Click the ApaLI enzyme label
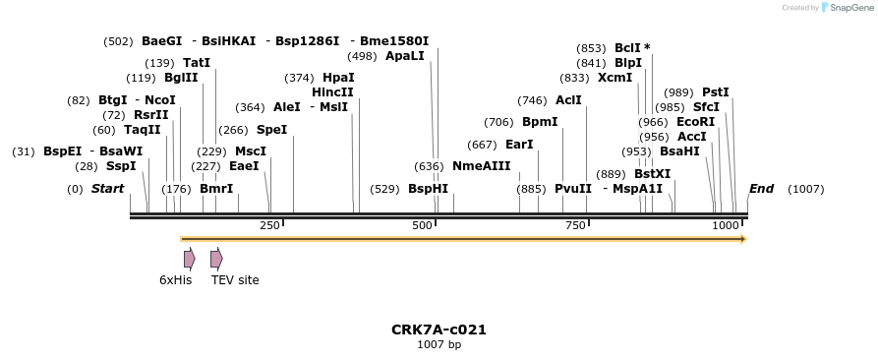click(x=405, y=56)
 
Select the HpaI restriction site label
click(x=338, y=78)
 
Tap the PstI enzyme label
click(x=715, y=92)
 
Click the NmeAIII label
click(x=482, y=166)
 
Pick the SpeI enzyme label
click(x=271, y=130)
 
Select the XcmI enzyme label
click(x=615, y=78)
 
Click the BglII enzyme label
click(x=181, y=78)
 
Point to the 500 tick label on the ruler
click(x=423, y=226)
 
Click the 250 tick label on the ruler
click(x=269, y=226)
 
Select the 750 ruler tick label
click(x=575, y=226)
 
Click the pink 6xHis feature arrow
click(x=189, y=259)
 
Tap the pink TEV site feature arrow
click(x=216, y=259)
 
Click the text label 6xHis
click(x=175, y=280)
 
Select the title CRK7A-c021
click(x=439, y=330)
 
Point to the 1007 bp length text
click(x=439, y=345)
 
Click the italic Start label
click(x=107, y=189)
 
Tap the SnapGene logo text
click(x=848, y=8)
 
